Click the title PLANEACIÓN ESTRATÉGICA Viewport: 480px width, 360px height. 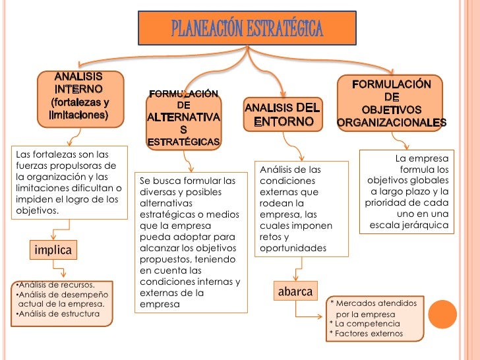click(x=247, y=28)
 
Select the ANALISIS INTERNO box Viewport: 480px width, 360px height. click(x=80, y=96)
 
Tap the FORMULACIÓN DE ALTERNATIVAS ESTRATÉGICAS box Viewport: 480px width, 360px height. click(x=184, y=119)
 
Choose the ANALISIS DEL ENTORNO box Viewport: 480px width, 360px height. click(x=282, y=115)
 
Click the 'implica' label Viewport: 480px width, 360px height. click(x=52, y=251)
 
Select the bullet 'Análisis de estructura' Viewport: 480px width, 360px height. click(x=58, y=313)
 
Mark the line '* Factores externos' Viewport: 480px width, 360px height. click(x=366, y=334)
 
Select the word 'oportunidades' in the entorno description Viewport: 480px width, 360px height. click(x=293, y=249)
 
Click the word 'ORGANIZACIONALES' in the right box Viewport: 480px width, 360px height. click(x=391, y=123)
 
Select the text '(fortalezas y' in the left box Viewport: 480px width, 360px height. click(x=80, y=103)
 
